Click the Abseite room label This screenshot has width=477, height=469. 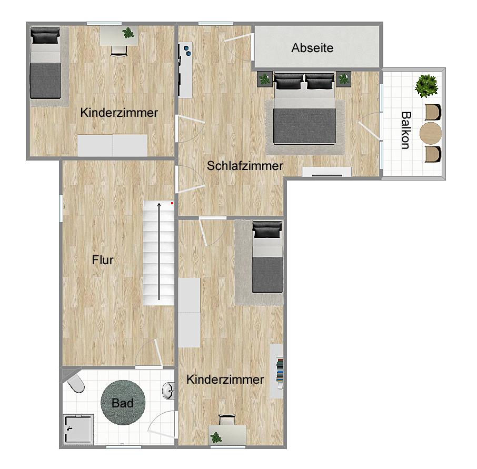pos(312,48)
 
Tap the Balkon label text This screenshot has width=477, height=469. pos(406,131)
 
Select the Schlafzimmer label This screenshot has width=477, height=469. pos(245,166)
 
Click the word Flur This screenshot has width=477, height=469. pos(103,260)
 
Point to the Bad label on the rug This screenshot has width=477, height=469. pos(123,403)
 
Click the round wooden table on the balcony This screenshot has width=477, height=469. pos(431,133)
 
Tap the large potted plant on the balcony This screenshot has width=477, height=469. pos(427,86)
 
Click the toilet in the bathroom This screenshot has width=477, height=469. pos(75,383)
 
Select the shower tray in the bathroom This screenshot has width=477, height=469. pos(78,429)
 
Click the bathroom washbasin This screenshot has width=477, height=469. pos(169,391)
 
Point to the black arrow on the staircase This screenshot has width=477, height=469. pos(159,252)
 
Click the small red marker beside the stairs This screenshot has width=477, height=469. pos(172,203)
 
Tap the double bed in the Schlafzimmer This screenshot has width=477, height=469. pos(304,108)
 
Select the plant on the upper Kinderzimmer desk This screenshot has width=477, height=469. pos(128,33)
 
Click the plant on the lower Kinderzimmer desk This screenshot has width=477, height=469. pos(216,437)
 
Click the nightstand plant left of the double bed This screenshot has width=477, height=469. pos(265,79)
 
